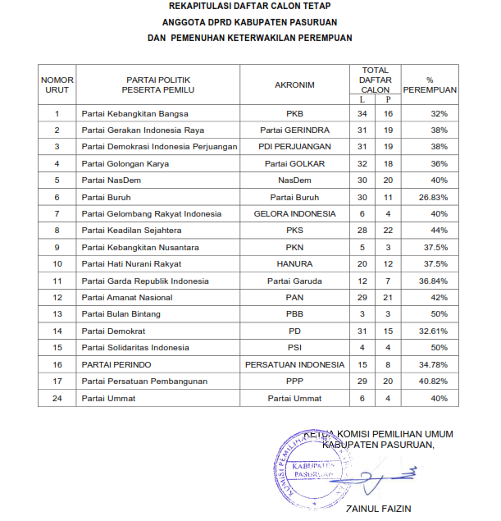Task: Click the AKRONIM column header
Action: click(x=294, y=84)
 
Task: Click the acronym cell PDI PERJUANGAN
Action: click(x=294, y=147)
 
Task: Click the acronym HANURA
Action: click(x=294, y=264)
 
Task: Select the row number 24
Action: click(x=57, y=398)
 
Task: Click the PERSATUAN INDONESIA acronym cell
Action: click(x=294, y=364)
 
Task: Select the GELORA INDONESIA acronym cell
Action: click(x=294, y=214)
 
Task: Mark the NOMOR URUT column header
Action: click(x=57, y=84)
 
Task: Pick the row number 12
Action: click(x=57, y=298)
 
